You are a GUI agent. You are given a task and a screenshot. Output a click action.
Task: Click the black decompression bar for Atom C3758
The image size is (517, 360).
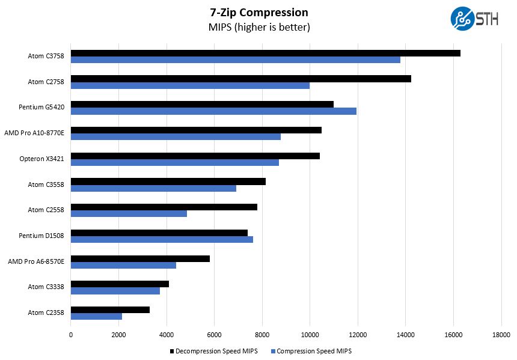265,53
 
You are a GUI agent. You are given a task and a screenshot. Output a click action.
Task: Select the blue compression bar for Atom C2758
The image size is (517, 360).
190,85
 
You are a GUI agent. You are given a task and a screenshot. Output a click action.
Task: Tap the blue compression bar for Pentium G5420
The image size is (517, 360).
213,111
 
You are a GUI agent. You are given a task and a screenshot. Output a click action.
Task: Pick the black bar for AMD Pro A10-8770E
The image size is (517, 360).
196,130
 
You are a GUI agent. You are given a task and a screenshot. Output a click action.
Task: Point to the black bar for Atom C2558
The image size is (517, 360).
164,207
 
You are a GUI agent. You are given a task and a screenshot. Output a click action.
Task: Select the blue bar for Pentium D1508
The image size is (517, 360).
162,239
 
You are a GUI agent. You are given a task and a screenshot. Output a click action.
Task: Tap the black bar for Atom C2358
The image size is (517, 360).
110,310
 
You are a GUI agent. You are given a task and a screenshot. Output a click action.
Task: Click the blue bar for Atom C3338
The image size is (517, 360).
115,291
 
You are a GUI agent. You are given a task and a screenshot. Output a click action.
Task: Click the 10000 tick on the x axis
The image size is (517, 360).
310,335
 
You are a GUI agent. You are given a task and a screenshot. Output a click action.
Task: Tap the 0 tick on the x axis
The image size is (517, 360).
71,335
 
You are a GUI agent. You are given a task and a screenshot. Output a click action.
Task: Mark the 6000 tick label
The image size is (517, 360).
215,335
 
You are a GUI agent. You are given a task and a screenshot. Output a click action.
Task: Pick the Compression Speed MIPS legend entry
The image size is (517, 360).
311,351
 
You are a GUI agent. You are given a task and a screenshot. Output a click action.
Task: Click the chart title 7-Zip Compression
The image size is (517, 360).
259,13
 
